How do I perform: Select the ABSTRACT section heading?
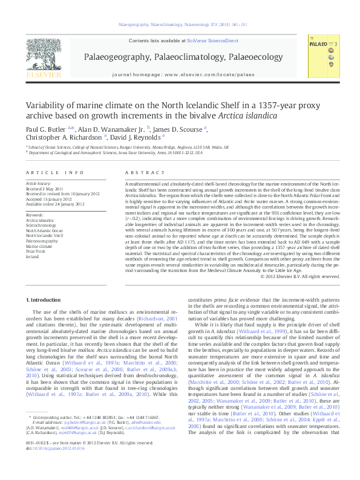[x=139, y=172]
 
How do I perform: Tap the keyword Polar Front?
[x=36, y=251]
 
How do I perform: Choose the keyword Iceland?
[x=32, y=256]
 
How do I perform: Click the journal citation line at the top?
[x=180, y=26]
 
